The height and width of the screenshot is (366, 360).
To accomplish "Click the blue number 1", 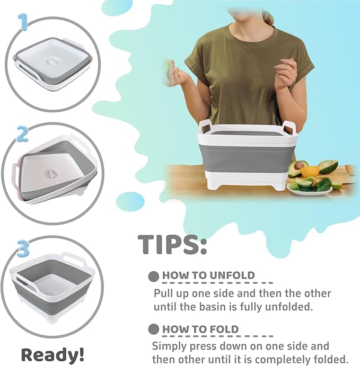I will coord(22,23).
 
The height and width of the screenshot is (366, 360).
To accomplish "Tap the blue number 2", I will coord(22,134).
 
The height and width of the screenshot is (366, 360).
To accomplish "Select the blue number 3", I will coord(22,247).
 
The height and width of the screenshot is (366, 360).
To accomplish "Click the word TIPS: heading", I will coord(172,244).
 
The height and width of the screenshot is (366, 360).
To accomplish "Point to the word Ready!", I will coord(52,354).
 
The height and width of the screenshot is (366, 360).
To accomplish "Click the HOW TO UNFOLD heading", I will coord(208,275).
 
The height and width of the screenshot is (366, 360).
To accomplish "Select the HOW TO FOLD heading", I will coord(200,329).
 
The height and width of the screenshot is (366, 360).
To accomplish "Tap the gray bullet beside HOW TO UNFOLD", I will coord(154,276).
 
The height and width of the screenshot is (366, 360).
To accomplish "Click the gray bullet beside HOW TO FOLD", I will coord(154,329).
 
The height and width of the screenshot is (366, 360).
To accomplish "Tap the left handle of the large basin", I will coord(206,127).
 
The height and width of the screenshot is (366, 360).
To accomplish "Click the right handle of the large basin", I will coord(289,127).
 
